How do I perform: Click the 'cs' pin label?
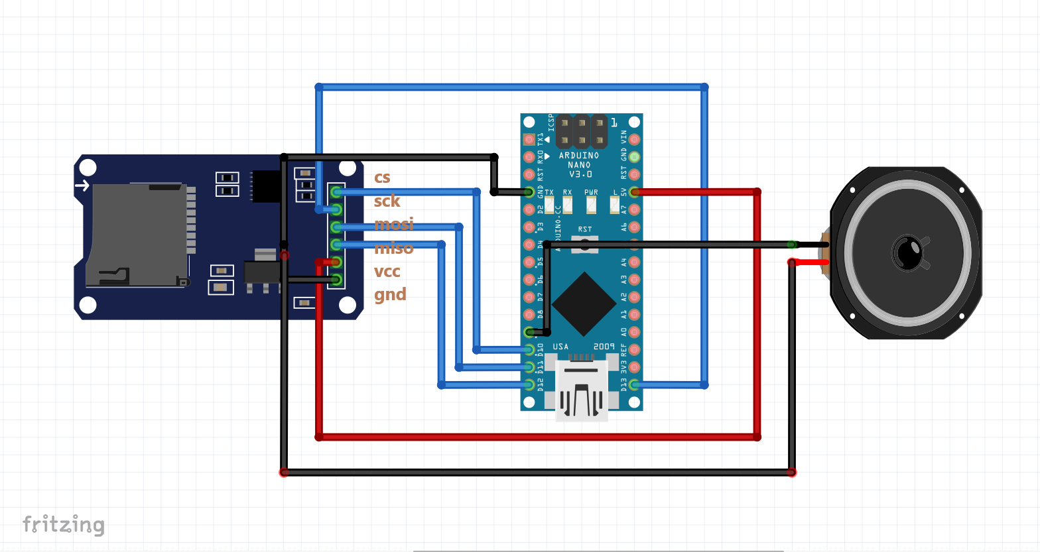coord(382,178)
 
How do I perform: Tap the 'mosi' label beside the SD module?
coord(393,224)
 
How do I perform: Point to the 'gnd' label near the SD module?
coord(390,294)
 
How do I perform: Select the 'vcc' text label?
coord(387,272)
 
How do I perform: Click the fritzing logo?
coord(64,524)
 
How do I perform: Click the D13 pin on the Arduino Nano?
coord(634,384)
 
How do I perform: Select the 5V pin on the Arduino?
coord(634,192)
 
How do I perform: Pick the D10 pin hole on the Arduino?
coord(529,349)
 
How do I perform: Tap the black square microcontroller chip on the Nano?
coord(584,304)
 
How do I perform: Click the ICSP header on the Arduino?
coord(582,131)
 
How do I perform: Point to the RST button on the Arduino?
coord(585,244)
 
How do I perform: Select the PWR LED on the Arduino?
coord(591,205)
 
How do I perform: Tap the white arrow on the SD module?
coord(82,185)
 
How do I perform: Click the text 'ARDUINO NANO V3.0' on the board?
coord(579,164)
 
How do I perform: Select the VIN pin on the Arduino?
coord(634,140)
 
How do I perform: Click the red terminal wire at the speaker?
coord(811,262)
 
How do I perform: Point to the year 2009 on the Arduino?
coord(604,347)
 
